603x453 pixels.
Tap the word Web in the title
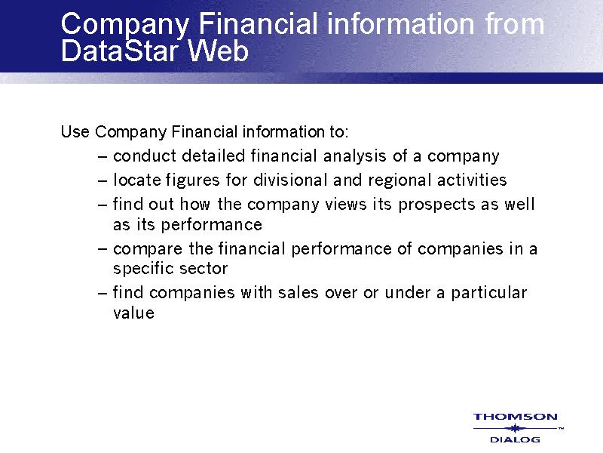(x=218, y=51)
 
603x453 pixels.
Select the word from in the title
(x=515, y=24)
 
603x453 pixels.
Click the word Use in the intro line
(x=75, y=131)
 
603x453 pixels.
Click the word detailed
(x=213, y=156)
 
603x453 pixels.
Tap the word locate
(x=136, y=180)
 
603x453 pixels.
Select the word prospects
(x=437, y=205)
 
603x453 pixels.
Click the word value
(x=134, y=313)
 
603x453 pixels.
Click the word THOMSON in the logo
(x=516, y=417)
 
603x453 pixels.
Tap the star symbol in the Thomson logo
(x=515, y=428)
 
